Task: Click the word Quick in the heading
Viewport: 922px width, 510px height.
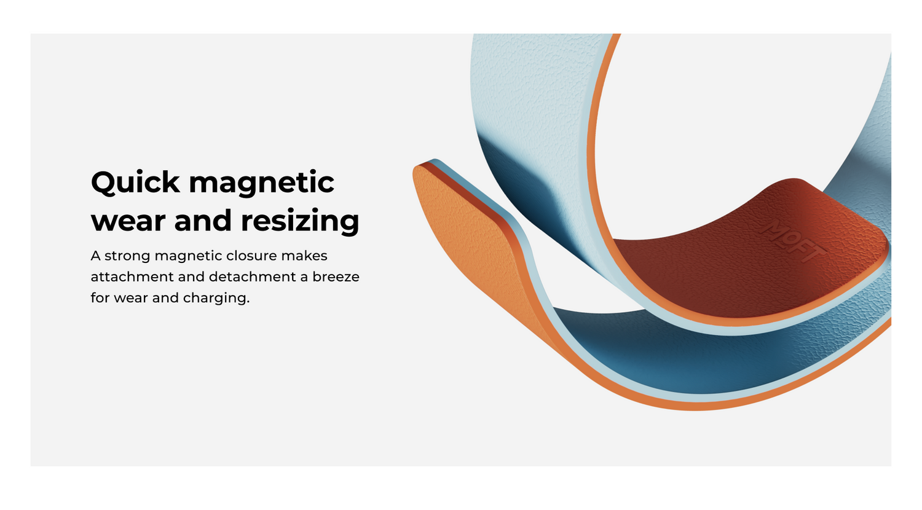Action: (135, 182)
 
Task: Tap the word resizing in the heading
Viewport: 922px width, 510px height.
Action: (300, 221)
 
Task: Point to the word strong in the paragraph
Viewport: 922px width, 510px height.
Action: (127, 256)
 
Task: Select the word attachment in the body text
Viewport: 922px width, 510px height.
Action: (132, 277)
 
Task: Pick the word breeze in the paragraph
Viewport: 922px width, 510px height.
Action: (336, 277)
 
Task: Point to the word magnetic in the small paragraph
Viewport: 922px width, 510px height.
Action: (187, 256)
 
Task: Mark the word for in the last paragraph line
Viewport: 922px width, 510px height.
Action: (100, 297)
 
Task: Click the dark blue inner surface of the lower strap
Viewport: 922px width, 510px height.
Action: (699, 354)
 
